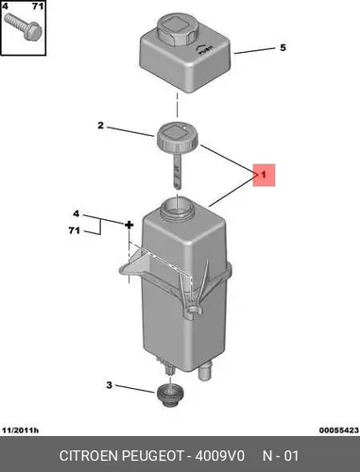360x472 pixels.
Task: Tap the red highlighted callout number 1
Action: (x=264, y=175)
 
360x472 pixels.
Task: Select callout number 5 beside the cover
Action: (x=283, y=48)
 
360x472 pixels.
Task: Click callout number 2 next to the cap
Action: (x=100, y=126)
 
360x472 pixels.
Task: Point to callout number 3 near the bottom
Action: (x=109, y=385)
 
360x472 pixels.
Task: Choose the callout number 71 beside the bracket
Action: (x=75, y=231)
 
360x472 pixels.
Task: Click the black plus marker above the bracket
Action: (x=129, y=225)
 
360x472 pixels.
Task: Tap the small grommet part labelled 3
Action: (x=170, y=396)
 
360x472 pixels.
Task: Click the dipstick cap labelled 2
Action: (x=177, y=138)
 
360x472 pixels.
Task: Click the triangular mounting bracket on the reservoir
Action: (x=139, y=263)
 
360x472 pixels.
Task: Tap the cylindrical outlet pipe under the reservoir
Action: (x=205, y=372)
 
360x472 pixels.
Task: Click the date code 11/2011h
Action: (x=21, y=430)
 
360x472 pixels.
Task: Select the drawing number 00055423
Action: (x=339, y=430)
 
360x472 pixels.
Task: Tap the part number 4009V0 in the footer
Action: (x=220, y=456)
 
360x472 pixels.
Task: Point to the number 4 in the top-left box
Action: (x=6, y=6)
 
